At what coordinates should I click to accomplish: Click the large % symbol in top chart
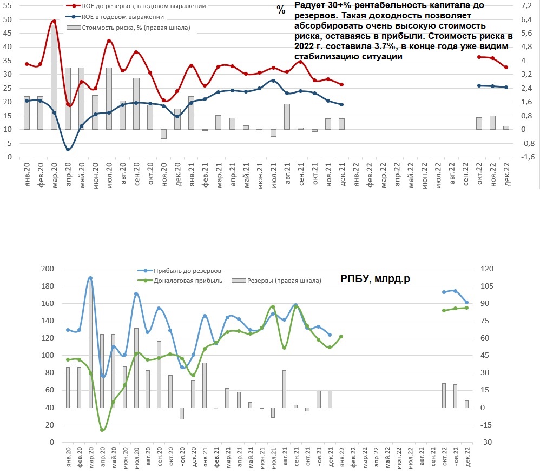280,10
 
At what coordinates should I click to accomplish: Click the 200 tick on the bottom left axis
48,269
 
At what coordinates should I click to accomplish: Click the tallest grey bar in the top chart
54,76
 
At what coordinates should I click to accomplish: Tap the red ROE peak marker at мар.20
54,22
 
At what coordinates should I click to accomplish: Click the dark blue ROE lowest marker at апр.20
68,149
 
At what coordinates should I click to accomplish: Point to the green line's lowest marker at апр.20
102,430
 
